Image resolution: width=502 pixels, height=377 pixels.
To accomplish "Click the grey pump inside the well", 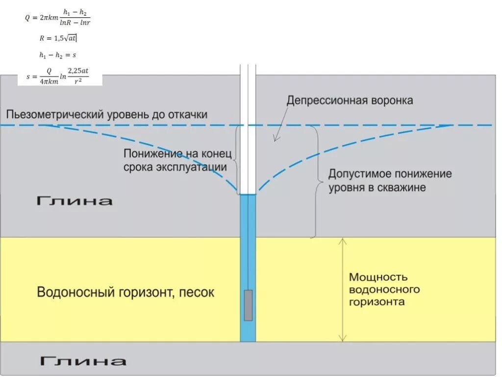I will point(248,305).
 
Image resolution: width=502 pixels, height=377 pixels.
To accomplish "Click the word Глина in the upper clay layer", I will point(75,201).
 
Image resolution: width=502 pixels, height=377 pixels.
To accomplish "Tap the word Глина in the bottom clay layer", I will point(83,361).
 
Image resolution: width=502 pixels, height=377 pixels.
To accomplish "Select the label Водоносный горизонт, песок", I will point(125,293).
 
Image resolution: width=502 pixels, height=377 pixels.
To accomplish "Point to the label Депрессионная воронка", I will point(350,101).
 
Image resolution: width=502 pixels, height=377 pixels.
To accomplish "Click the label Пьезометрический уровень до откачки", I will point(107,115).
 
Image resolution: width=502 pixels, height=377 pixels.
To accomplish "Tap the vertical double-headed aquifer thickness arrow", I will point(343,290).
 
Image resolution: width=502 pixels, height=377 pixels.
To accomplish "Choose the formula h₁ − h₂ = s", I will point(57,55).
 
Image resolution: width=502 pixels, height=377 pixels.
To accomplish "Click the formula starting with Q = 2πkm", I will point(58,19).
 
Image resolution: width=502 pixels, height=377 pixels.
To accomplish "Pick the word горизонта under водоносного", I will point(377,301).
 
